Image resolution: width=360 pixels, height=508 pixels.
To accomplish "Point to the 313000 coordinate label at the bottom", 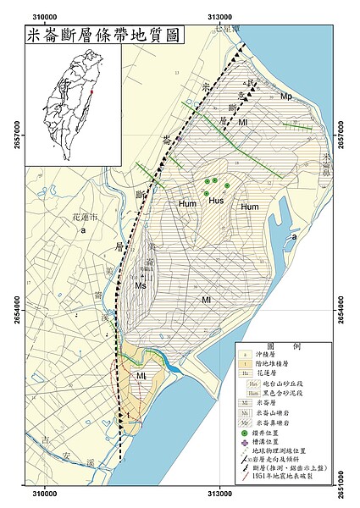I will pos(219,500).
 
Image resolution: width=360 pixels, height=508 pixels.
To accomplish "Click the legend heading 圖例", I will pos(280,347).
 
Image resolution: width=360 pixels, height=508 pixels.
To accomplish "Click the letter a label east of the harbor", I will pos(293,238).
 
